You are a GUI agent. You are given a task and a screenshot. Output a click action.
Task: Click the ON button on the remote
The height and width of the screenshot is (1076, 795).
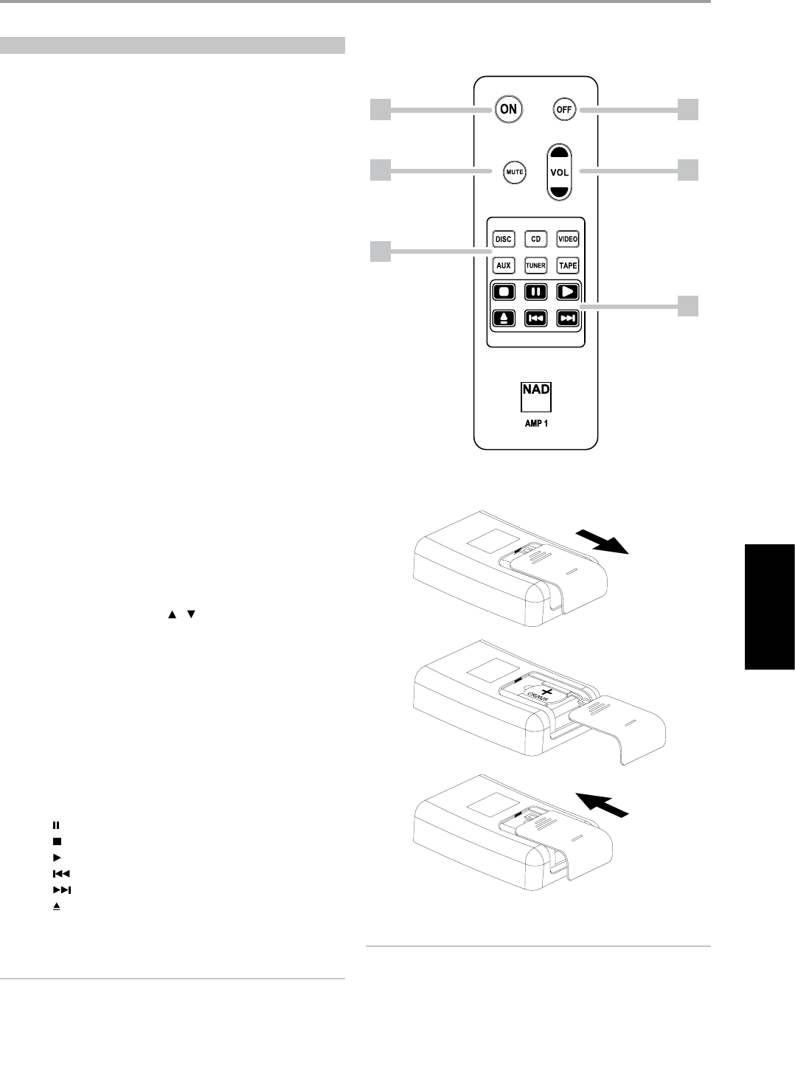(x=508, y=109)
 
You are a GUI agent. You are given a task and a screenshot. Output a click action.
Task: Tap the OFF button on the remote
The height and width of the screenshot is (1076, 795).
(x=564, y=110)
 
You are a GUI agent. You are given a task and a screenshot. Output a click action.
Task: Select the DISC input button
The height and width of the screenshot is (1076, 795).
(x=504, y=239)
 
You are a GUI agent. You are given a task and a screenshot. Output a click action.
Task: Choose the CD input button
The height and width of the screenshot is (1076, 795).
(x=535, y=239)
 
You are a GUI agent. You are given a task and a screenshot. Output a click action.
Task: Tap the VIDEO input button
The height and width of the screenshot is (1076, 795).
(x=568, y=239)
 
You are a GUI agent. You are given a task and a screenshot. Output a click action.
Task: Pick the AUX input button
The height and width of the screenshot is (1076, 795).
(x=504, y=265)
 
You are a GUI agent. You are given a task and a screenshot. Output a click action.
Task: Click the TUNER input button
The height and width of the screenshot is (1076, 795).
(x=535, y=265)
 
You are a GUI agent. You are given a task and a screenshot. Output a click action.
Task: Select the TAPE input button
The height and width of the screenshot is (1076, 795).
(x=568, y=265)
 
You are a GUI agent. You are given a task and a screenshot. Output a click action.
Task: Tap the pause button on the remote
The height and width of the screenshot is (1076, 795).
(x=535, y=292)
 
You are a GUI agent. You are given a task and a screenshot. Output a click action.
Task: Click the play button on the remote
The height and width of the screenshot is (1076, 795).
(x=568, y=292)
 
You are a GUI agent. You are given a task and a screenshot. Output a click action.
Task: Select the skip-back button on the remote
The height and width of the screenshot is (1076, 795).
(x=535, y=319)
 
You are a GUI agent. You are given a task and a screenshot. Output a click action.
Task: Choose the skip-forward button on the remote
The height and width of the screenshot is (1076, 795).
(x=568, y=319)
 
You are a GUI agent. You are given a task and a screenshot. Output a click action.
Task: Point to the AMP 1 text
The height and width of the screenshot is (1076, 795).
(x=536, y=424)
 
